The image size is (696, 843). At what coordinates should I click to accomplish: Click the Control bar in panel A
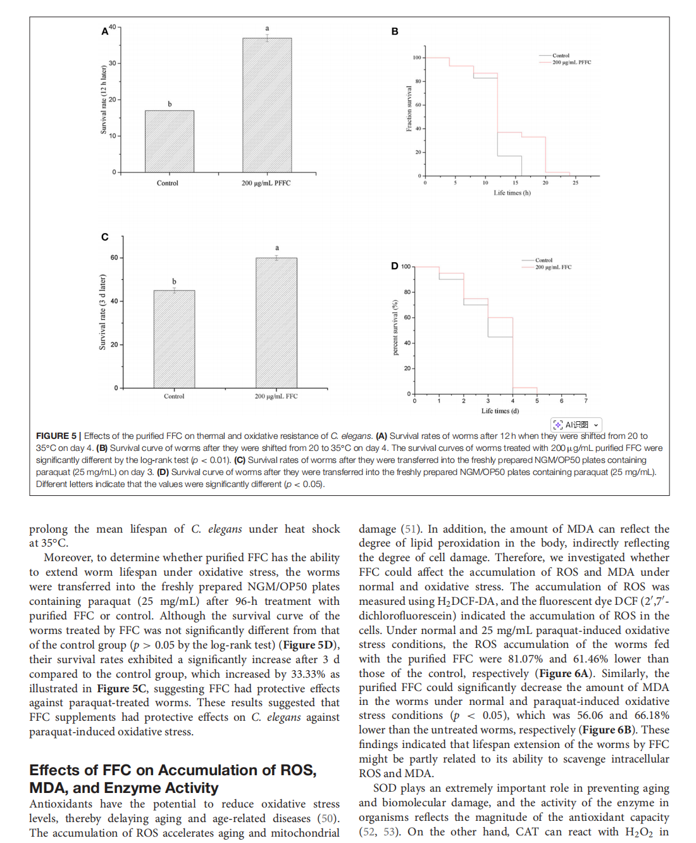click(170, 141)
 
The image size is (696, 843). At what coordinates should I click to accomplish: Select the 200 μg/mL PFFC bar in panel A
click(267, 105)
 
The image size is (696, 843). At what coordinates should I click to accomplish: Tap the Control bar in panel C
click(174, 339)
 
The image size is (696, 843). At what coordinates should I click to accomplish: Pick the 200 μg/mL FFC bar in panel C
click(277, 322)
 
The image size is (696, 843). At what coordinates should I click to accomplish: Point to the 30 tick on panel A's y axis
click(113, 63)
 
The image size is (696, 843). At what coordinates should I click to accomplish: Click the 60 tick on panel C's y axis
click(115, 258)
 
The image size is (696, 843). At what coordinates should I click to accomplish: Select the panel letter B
click(395, 32)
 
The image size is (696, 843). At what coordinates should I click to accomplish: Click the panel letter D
click(395, 266)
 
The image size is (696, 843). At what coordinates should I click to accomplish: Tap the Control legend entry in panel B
click(561, 56)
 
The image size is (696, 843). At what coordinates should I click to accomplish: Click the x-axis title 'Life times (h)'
click(512, 193)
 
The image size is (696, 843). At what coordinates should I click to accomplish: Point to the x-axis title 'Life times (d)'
click(500, 411)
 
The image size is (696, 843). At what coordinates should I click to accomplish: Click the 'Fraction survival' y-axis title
click(409, 109)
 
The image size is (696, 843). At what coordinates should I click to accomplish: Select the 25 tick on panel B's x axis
click(575, 183)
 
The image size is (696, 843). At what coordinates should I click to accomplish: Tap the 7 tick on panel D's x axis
click(586, 401)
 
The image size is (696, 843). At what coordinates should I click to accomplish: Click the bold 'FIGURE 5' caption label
click(56, 436)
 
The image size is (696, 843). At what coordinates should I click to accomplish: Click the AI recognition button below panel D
click(576, 425)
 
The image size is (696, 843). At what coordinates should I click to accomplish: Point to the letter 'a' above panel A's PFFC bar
click(267, 29)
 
